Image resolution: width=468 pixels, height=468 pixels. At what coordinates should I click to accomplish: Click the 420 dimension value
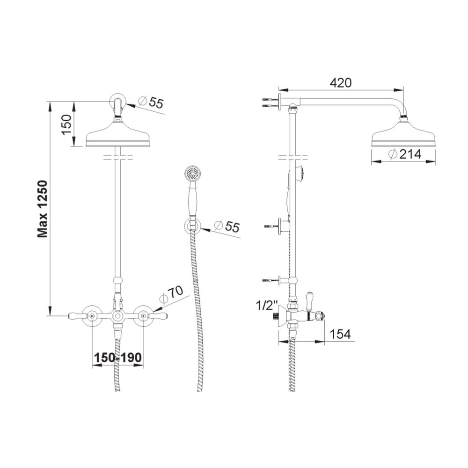340,83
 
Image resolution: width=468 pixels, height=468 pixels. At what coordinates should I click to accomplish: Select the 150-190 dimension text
117,358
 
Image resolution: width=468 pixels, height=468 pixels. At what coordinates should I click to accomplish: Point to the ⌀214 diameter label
404,154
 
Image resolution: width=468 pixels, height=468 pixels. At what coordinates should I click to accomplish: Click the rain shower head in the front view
118,135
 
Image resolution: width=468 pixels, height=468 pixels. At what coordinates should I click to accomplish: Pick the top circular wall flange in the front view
118,102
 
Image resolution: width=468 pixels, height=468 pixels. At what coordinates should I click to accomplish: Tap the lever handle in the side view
308,298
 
